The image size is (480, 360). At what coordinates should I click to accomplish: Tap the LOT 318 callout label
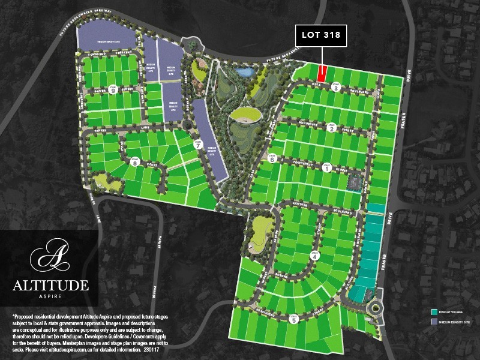(x=321, y=35)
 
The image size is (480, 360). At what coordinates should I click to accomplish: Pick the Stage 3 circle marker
(x=336, y=88)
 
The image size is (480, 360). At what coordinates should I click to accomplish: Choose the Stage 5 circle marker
(x=293, y=319)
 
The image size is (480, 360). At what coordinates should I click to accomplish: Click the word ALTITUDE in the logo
(x=50, y=284)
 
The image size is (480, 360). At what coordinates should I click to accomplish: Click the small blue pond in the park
(x=245, y=73)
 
